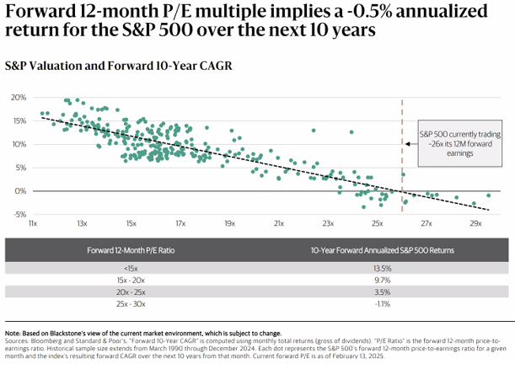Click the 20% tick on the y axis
coord(19,98)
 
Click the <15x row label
coord(131,268)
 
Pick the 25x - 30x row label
coord(131,302)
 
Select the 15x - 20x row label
coord(131,279)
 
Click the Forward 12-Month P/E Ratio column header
coord(131,250)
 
